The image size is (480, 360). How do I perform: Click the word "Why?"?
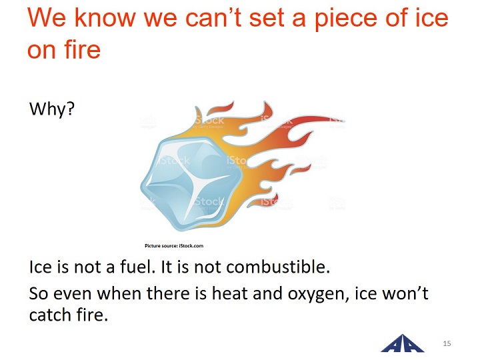(x=52, y=109)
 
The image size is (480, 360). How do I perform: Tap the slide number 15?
(x=447, y=343)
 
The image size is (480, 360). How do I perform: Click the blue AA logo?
(x=403, y=344)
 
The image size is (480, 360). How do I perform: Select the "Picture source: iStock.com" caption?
(x=174, y=245)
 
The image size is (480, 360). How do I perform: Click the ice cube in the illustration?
(x=191, y=183)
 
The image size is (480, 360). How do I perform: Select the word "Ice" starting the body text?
(x=40, y=267)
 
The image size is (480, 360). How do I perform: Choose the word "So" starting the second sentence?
(x=38, y=293)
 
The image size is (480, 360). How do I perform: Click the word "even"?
(x=73, y=293)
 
